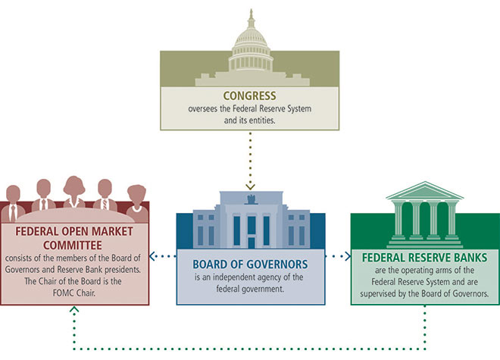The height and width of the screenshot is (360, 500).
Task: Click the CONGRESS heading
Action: (249, 96)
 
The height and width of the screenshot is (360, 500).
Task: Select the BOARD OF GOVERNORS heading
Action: (250, 265)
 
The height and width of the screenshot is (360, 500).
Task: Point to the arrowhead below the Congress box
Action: (250, 186)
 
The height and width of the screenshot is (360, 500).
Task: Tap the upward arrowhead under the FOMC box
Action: (74, 310)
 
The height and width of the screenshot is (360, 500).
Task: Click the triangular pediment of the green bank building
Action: (424, 189)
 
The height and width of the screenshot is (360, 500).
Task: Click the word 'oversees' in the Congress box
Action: (205, 109)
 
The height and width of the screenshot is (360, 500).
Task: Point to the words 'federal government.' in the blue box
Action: (250, 289)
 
